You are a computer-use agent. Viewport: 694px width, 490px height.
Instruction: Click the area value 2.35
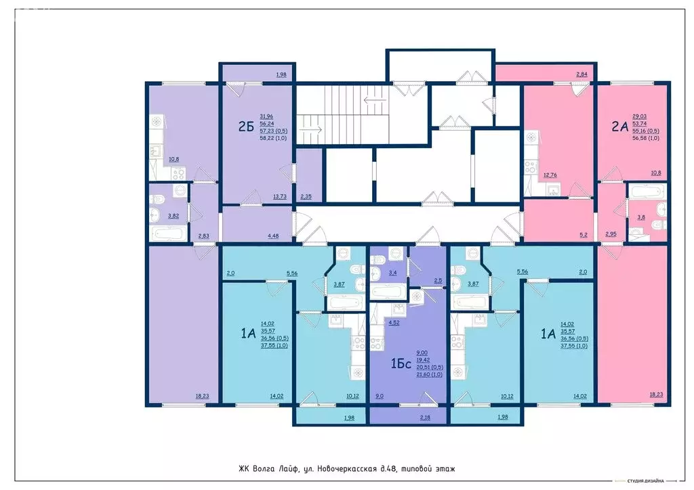click(307, 197)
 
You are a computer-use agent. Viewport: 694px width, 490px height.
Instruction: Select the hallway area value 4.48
click(274, 236)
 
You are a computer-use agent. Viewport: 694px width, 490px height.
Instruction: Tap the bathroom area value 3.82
click(173, 217)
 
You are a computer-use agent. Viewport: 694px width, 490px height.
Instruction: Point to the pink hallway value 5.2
click(583, 236)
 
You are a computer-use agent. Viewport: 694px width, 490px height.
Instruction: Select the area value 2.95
click(611, 234)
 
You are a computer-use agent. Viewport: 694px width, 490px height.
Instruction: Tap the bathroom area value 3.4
click(392, 273)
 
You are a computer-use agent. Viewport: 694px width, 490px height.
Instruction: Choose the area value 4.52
click(393, 323)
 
